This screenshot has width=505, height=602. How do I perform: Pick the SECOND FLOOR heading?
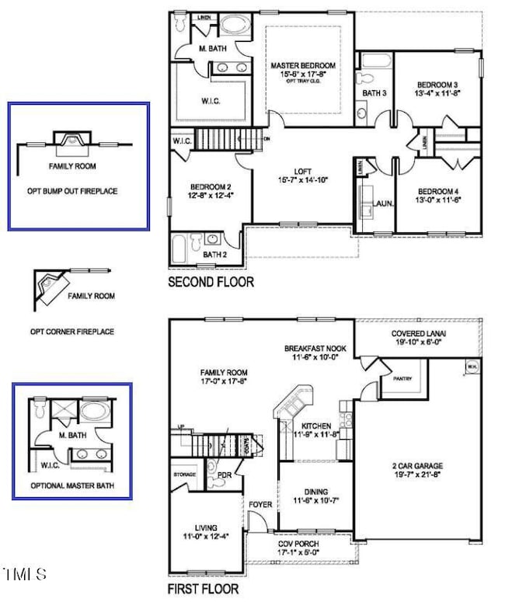coord(211,282)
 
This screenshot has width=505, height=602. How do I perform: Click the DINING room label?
coord(316,492)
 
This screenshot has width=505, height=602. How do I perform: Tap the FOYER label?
coord(261,504)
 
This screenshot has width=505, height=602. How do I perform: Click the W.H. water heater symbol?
coord(472,367)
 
